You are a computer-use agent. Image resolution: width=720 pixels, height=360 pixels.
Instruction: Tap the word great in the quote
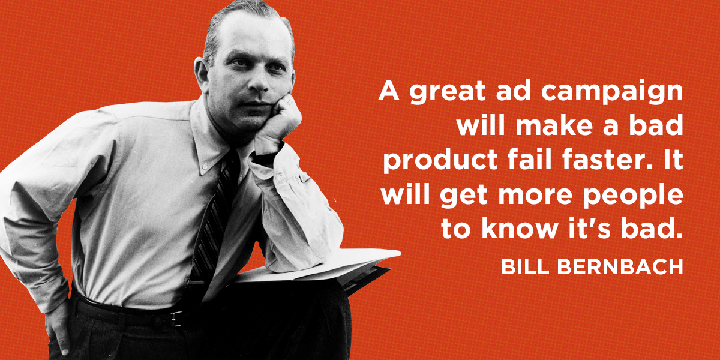447,92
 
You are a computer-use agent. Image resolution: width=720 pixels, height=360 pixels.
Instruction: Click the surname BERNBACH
620,267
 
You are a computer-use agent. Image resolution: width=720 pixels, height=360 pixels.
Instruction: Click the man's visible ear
202,74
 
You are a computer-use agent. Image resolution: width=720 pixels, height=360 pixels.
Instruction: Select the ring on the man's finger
290,102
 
